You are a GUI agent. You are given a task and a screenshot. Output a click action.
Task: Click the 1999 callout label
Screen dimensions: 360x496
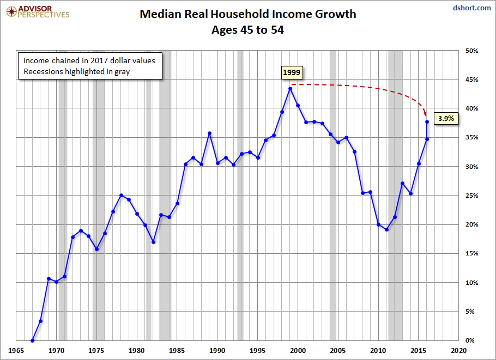point(292,72)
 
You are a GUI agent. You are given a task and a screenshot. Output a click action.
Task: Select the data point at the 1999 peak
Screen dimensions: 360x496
point(290,88)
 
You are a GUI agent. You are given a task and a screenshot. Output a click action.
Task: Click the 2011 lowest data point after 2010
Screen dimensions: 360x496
point(386,229)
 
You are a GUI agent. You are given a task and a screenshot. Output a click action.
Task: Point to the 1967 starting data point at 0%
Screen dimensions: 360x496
point(32,340)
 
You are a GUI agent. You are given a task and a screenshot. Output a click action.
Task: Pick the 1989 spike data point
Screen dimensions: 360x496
point(209,133)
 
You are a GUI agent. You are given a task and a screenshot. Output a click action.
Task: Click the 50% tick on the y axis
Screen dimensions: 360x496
point(471,51)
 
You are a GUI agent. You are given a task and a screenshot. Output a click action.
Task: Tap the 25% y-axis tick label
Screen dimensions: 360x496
point(471,196)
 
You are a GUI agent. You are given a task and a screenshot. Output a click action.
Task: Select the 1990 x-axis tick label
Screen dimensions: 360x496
point(217,351)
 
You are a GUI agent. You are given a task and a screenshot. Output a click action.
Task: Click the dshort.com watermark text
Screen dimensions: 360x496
point(472,8)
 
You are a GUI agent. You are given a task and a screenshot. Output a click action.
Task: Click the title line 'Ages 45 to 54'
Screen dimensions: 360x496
point(247,30)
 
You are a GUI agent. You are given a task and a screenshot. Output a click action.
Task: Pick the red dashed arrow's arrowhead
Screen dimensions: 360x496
point(426,115)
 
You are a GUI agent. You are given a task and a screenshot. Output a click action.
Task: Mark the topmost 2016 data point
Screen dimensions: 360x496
point(427,121)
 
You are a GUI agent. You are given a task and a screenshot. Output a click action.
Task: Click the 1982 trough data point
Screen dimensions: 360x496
point(153,242)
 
